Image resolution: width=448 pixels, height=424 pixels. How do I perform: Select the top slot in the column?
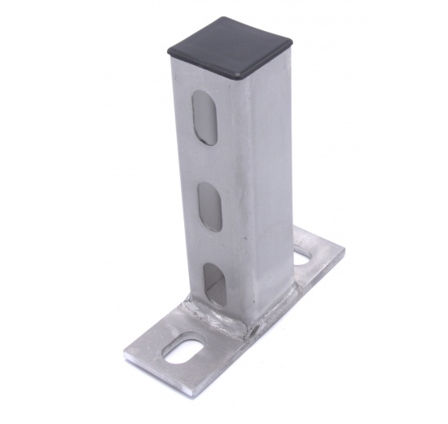click(206, 118)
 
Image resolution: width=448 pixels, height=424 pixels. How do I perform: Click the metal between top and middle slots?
click(207, 163)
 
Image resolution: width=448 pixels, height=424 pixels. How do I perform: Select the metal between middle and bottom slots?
click(210, 246)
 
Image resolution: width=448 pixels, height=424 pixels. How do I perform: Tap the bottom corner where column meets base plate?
click(244, 331)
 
